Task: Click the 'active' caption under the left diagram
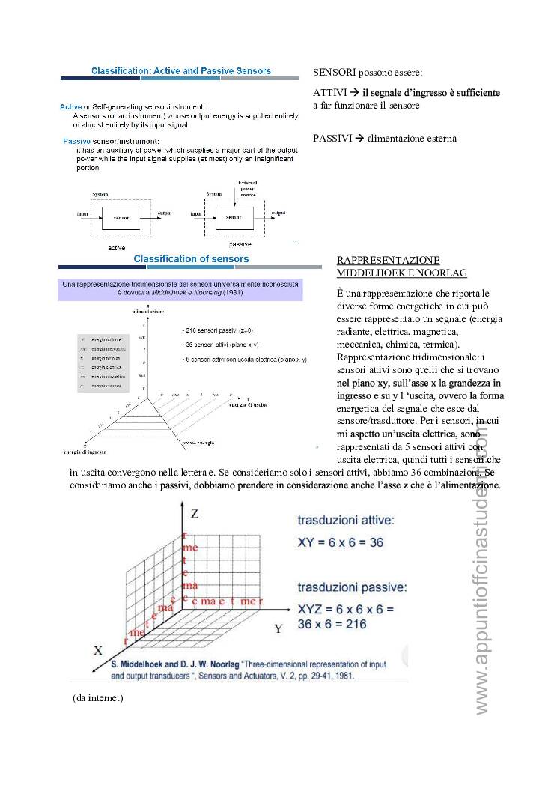point(116,246)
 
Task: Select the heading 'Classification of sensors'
point(191,259)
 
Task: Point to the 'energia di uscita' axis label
point(249,404)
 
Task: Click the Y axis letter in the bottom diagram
point(278,628)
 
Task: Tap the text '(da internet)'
point(98,698)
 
